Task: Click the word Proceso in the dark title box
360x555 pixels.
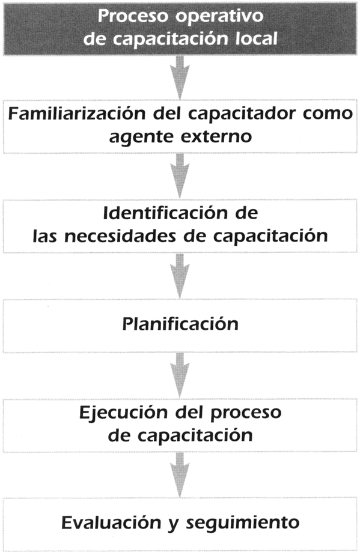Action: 134,16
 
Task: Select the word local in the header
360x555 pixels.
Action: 257,38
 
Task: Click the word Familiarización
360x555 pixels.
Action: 77,114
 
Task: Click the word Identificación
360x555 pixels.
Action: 165,213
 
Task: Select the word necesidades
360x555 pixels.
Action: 120,235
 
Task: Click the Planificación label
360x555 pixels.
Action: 180,324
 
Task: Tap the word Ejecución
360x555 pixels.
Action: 124,413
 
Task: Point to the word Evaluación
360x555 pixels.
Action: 111,523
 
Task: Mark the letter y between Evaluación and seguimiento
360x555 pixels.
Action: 174,525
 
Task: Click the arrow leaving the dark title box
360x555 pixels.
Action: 180,77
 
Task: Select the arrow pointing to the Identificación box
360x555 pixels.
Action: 180,175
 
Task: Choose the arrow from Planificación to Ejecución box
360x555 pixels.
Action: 180,375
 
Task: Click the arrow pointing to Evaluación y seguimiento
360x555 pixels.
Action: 180,475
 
